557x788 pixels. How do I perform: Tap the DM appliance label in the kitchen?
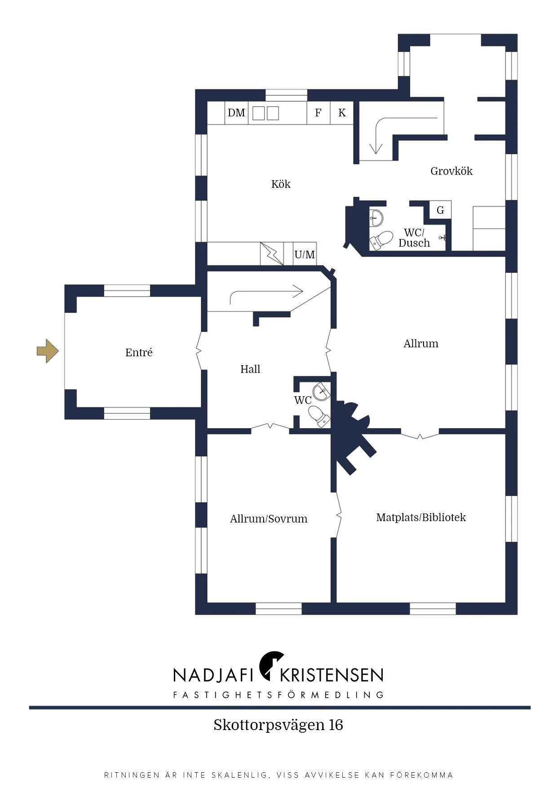coord(236,113)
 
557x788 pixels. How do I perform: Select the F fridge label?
coord(318,113)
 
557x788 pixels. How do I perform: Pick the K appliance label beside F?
coord(342,113)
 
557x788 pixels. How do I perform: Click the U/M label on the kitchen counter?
coord(305,255)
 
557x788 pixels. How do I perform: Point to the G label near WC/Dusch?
coord(440,210)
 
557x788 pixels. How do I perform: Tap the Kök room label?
coord(281,184)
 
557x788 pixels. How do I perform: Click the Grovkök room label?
coord(451,171)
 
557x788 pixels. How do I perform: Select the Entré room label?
coord(139,353)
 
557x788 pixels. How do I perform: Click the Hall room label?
coord(250,369)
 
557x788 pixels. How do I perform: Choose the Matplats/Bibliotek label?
coord(421,518)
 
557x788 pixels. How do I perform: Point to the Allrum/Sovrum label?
coord(269,519)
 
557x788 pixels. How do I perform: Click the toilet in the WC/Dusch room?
coord(381,239)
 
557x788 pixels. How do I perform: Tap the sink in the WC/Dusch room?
coord(376,218)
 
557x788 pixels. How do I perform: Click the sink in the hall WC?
coord(322,391)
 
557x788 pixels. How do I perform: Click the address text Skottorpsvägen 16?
coord(278,725)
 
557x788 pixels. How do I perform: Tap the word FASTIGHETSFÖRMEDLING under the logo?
coord(278,695)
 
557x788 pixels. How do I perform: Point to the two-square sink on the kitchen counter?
coord(265,113)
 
